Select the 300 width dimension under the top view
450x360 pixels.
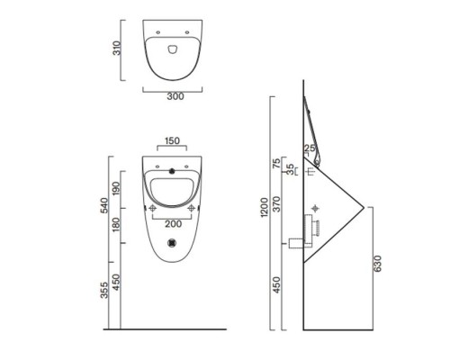[172, 96]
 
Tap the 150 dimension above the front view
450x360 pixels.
[172, 140]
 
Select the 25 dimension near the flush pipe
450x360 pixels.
[310, 149]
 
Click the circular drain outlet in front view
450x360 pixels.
[172, 241]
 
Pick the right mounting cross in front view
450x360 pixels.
[192, 210]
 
